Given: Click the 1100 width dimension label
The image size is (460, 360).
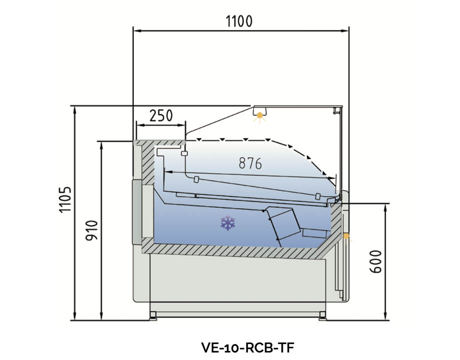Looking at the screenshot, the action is pos(239,21).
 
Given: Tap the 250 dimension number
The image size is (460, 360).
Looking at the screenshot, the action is pos(161,115).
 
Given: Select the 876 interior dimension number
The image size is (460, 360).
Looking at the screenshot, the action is pos(250,163).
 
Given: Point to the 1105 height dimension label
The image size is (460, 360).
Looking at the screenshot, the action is pos(65,199).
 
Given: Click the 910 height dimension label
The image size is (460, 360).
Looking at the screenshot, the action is pos(91,230).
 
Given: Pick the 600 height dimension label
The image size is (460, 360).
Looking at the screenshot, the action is pos(375,261).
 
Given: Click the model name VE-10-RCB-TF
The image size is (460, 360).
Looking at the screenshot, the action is pos(247,347).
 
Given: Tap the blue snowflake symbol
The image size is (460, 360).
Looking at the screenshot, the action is pos(228,223).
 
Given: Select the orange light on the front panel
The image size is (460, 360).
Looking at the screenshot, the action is pos(346,236).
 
